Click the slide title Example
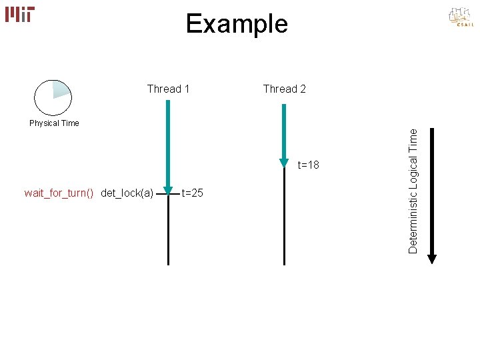coord(237,24)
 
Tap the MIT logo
coord(20,14)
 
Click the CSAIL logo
coord(460,18)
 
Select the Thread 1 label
coord(168,89)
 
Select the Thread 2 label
coord(285,89)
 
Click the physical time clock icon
coord(53,98)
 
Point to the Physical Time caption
coord(54,123)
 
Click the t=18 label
coord(309,165)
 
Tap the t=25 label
coord(193,193)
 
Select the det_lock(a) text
coord(127,193)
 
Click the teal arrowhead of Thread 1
coord(169,194)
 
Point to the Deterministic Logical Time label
coord(413,191)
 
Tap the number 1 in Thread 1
coord(187,89)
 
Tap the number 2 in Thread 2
coord(303,89)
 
